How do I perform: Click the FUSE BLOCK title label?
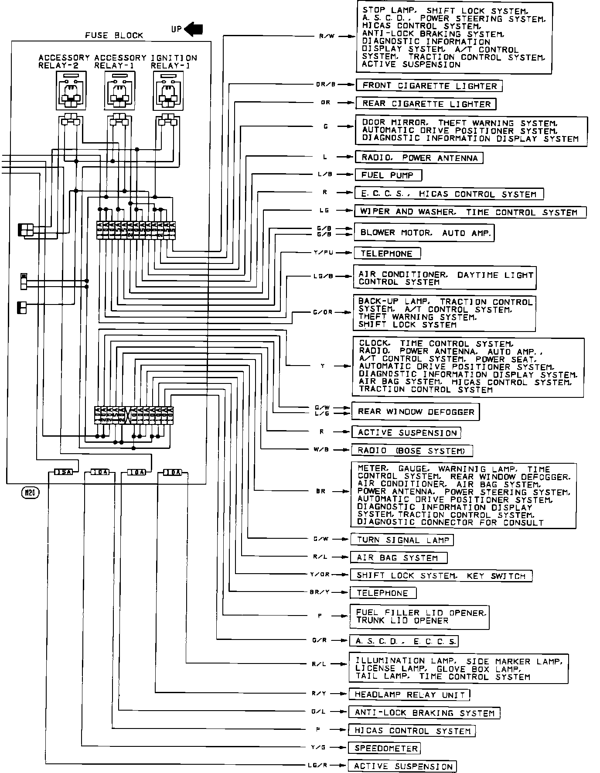tap(114, 35)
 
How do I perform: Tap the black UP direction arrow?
tap(194, 29)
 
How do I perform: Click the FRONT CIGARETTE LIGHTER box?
tap(429, 86)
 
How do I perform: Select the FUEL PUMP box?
tap(389, 175)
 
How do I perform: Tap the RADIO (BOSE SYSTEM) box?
tap(412, 451)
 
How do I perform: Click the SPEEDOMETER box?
tap(384, 749)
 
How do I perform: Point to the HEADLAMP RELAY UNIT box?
tap(409, 694)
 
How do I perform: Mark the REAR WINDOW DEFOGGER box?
tap(415, 411)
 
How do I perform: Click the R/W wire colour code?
tap(326, 36)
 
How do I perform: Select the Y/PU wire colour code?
tap(324, 253)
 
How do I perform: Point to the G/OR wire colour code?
tap(323, 312)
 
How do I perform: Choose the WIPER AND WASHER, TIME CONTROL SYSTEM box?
tap(470, 212)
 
